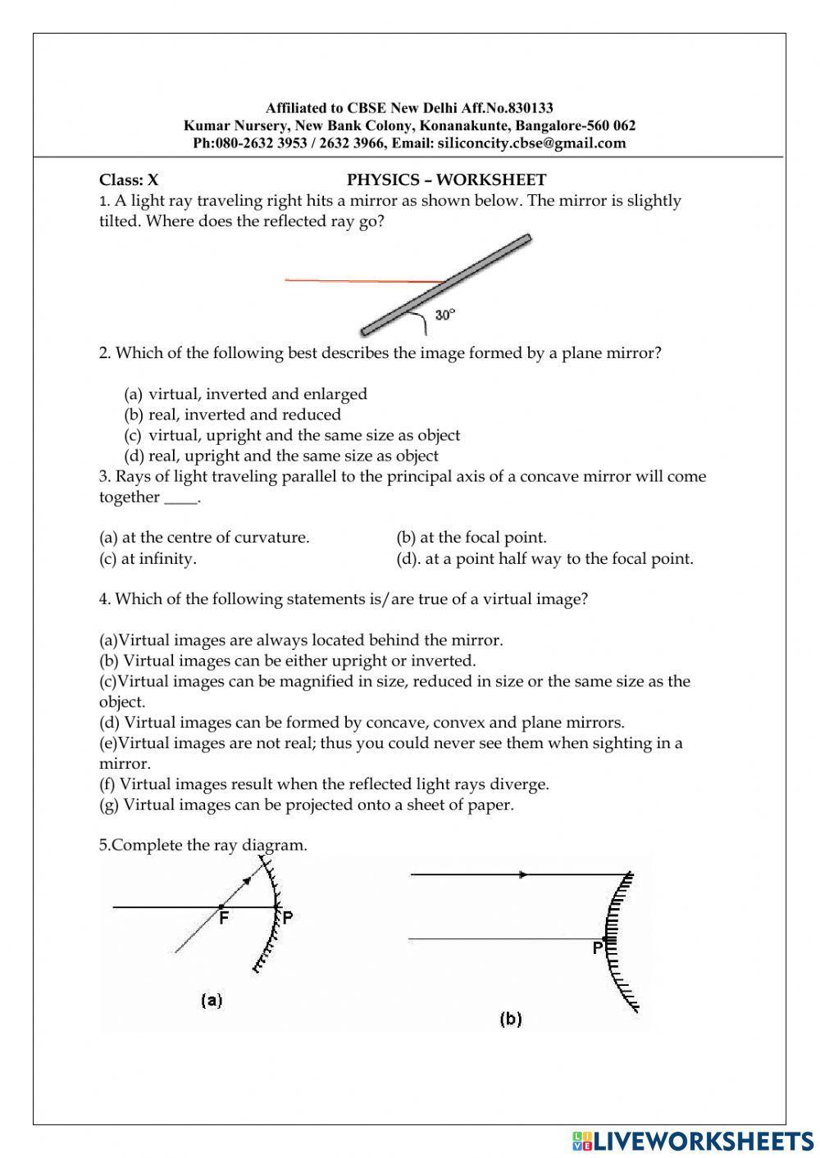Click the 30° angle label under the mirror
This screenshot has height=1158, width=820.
click(444, 315)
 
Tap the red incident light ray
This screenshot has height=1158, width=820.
click(361, 281)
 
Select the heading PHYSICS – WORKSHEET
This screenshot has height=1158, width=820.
click(446, 180)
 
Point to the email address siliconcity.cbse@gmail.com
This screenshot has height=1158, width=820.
click(531, 143)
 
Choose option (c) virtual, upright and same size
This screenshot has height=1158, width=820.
click(293, 435)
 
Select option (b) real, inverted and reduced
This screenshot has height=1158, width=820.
click(233, 415)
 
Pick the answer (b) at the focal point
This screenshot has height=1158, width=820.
click(471, 538)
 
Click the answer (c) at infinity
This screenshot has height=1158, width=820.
click(148, 559)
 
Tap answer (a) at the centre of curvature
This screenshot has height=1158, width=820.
click(204, 538)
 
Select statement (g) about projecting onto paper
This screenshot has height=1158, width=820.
click(307, 805)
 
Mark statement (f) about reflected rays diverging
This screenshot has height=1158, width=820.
click(324, 784)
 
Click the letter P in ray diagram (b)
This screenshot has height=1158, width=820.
click(598, 948)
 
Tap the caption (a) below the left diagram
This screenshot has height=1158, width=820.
click(212, 1000)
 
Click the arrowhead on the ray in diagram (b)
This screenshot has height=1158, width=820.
click(522, 874)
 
